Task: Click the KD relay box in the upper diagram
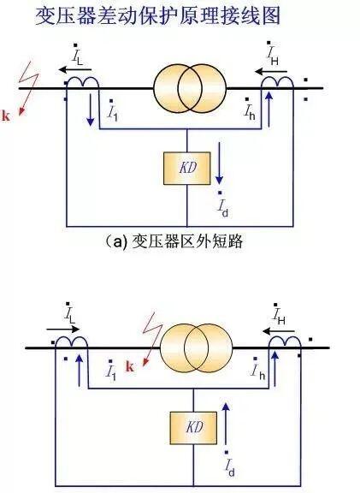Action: tap(187, 169)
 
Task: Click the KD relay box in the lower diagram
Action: tap(193, 428)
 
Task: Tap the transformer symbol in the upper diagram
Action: tap(190, 89)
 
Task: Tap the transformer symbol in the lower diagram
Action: tap(197, 348)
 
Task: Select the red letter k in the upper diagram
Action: tap(6, 116)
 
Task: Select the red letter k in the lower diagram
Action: tap(130, 366)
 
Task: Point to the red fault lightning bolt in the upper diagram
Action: tap(28, 89)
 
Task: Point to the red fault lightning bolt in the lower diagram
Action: tap(152, 339)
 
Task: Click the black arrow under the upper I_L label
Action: tap(74, 69)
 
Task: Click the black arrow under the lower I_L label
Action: tap(62, 330)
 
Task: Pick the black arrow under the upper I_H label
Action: tap(271, 72)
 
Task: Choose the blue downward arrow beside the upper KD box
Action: tap(219, 163)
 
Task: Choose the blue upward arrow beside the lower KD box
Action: tap(226, 423)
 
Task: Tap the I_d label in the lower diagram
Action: tap(229, 464)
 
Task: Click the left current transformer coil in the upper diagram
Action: tap(83, 81)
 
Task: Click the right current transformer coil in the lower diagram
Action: tap(285, 342)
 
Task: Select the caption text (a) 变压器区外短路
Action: tap(174, 241)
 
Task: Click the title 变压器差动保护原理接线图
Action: tap(157, 15)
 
